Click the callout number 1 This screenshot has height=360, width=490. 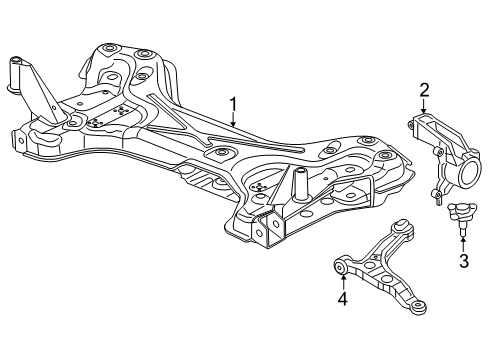(x=233, y=103)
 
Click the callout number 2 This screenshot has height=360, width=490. (x=424, y=92)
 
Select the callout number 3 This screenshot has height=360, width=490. (x=463, y=262)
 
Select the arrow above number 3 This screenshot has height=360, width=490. (x=463, y=243)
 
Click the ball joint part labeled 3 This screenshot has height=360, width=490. (x=461, y=213)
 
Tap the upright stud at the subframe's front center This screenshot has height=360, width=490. (x=297, y=185)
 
